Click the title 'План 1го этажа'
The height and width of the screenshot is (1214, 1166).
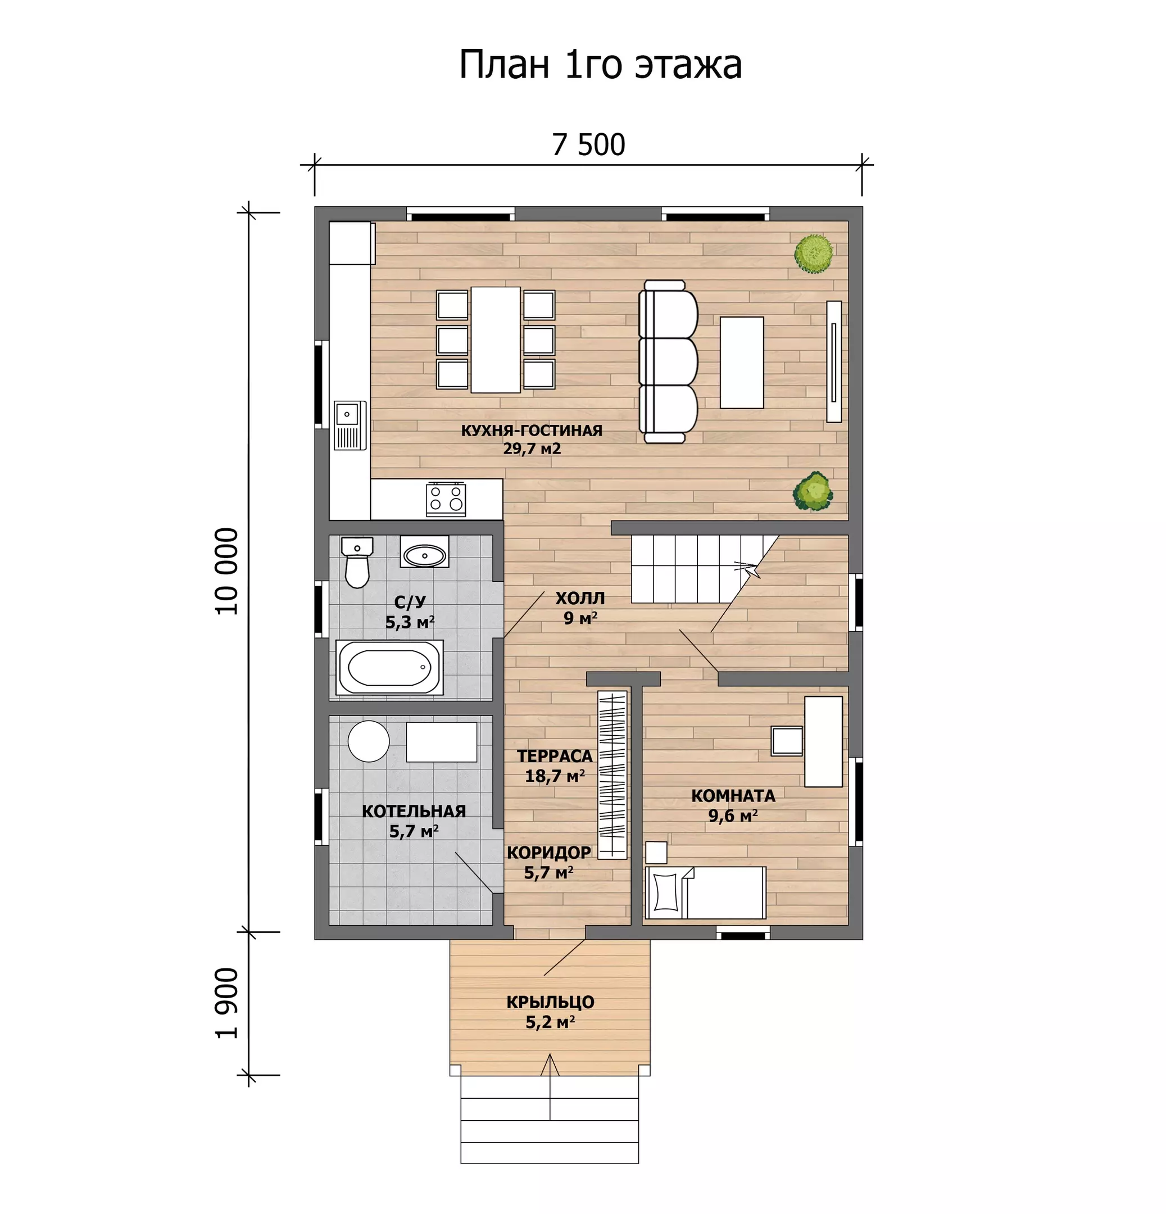[600, 64]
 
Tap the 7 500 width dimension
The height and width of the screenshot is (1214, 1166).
[588, 144]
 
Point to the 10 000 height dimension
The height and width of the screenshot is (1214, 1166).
[227, 570]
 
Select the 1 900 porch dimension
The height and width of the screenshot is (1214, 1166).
[227, 1003]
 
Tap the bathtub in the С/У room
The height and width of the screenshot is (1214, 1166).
[389, 668]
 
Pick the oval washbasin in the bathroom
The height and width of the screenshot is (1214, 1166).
[425, 554]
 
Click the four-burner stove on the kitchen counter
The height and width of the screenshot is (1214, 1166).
[446, 499]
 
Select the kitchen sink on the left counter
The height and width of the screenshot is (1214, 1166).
[350, 425]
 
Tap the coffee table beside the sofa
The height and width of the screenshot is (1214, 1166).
[741, 363]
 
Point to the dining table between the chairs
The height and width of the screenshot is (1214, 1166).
[496, 339]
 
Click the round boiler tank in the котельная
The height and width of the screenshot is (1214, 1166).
[369, 741]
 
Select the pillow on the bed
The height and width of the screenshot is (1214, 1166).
[666, 892]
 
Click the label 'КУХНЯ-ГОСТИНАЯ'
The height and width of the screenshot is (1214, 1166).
[531, 431]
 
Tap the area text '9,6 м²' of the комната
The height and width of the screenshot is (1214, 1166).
[733, 816]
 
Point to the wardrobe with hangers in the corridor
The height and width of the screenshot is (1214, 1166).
[612, 774]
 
